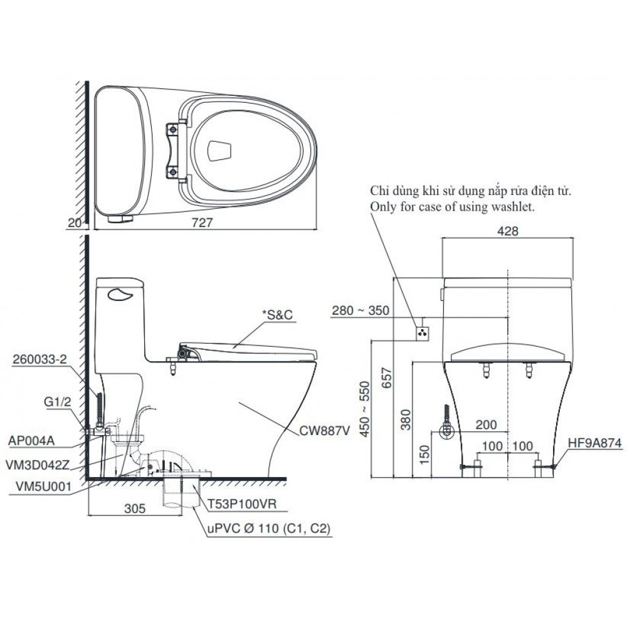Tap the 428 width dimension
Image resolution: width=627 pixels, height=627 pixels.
tap(508, 231)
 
